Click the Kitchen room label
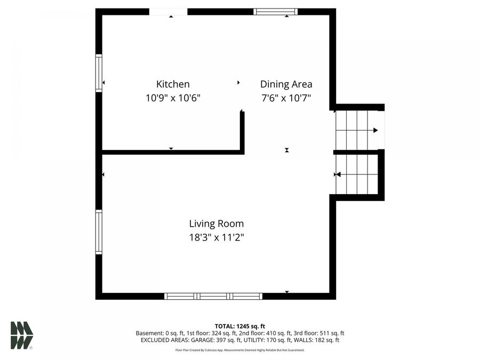click(x=172, y=84)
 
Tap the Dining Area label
click(x=286, y=84)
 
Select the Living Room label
click(x=217, y=224)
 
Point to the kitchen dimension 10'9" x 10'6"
click(x=173, y=98)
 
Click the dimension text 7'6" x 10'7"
click(x=286, y=98)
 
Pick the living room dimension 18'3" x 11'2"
click(x=217, y=238)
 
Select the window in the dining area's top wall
click(x=275, y=11)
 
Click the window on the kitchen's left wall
click(x=99, y=73)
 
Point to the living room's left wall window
click(x=99, y=231)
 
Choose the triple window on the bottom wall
click(x=213, y=296)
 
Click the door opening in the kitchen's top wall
click(x=169, y=11)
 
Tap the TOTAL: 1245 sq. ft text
click(x=239, y=326)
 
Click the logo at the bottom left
click(x=21, y=335)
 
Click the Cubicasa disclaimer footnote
click(x=239, y=350)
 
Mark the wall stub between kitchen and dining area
click(x=242, y=132)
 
